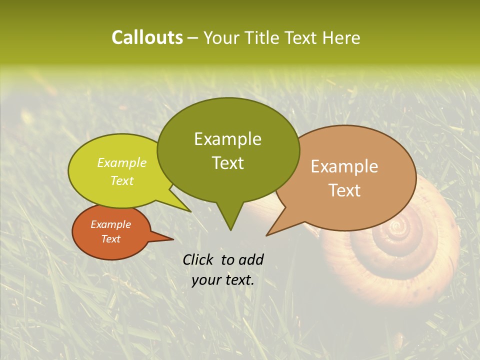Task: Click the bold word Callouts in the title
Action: point(147,37)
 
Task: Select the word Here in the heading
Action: point(341,37)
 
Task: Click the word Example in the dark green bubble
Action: point(227,139)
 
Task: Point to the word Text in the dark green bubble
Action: point(227,162)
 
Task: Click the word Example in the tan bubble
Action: point(344,166)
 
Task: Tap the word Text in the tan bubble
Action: point(344,190)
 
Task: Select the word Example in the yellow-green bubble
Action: point(122,162)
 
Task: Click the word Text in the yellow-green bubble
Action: point(122,180)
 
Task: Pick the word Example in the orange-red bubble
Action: point(110,224)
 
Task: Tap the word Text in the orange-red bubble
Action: point(110,239)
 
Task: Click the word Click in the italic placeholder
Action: point(198,259)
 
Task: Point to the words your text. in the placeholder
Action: point(223,280)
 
